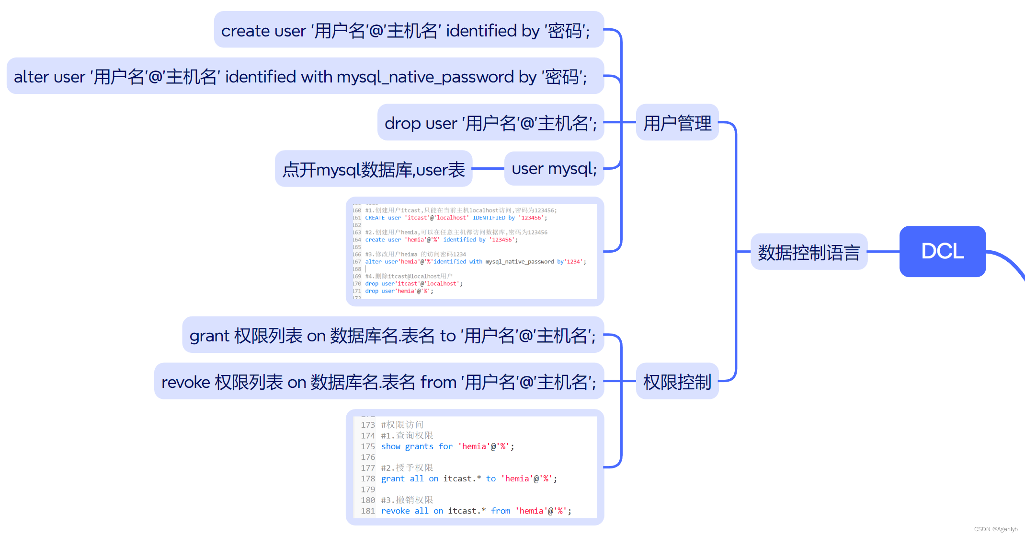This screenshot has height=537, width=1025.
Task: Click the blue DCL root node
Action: tap(942, 251)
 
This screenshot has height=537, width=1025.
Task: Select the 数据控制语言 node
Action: tap(809, 252)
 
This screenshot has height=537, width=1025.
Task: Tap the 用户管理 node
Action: tap(677, 123)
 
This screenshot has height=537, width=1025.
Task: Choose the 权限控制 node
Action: tap(677, 382)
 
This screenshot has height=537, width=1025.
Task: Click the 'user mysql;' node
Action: tap(554, 169)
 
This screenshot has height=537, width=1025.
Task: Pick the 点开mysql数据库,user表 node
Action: tap(374, 169)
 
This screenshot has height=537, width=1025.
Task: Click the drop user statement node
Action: tap(490, 123)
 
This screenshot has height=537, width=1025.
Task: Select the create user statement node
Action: tap(409, 30)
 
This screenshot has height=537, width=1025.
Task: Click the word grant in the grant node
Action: tap(209, 336)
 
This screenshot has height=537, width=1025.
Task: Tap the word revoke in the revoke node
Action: tap(185, 382)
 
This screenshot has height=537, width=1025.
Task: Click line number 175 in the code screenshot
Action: tap(368, 446)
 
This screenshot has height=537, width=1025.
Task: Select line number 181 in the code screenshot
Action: tap(368, 511)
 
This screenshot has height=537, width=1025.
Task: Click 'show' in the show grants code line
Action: tap(391, 446)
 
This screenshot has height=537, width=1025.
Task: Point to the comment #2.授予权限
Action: tap(407, 468)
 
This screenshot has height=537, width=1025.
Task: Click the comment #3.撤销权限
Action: tap(407, 500)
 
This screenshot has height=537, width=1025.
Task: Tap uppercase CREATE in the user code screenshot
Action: tap(375, 218)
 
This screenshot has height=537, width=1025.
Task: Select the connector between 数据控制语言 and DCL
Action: tap(883, 251)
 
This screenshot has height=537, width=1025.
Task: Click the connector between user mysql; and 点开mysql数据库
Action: tap(488, 169)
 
